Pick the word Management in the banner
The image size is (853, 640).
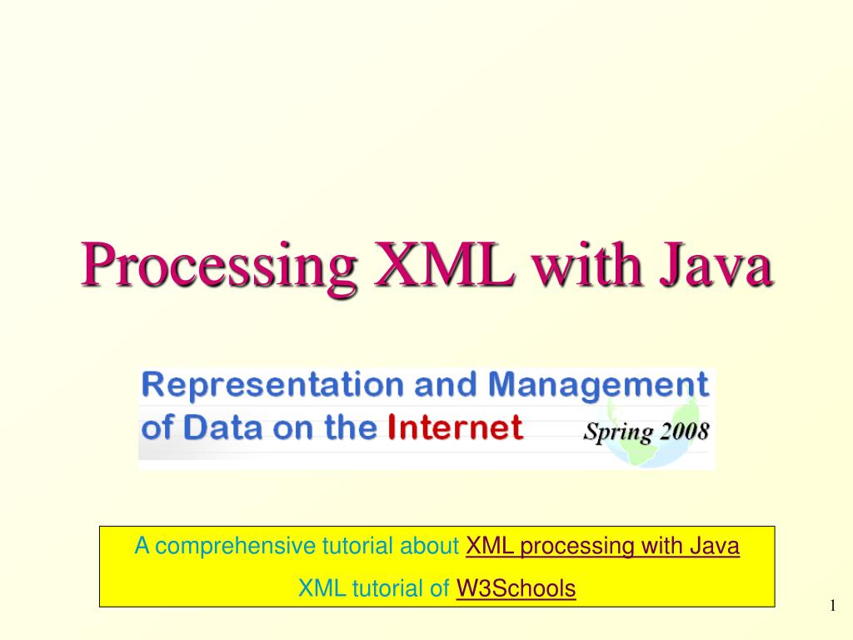tap(598, 386)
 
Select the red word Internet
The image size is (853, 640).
tap(456, 428)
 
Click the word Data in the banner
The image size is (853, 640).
tap(213, 428)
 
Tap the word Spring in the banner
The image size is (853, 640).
tap(607, 432)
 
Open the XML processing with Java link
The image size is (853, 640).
tap(602, 547)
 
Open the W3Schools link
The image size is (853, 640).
tap(516, 589)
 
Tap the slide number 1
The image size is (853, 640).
tap(831, 606)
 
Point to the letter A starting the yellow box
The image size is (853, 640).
tap(142, 547)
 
